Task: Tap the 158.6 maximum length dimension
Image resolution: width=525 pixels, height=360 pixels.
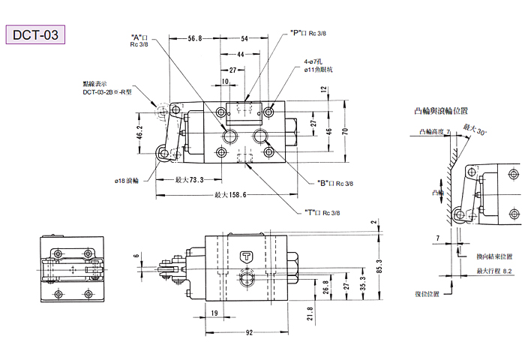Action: click(x=230, y=194)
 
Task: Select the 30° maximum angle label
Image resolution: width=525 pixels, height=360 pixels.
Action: click(x=475, y=130)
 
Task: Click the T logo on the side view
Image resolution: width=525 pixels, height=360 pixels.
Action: click(x=246, y=256)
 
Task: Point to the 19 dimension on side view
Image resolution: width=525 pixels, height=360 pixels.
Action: click(x=214, y=312)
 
